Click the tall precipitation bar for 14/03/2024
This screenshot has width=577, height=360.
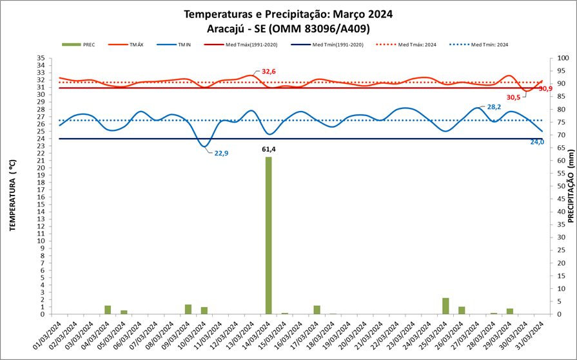[x=268, y=235]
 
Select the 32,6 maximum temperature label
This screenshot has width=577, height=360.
[x=269, y=72]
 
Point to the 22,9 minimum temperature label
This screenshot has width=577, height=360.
[x=221, y=153]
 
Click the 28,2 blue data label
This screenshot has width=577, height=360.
[x=494, y=107]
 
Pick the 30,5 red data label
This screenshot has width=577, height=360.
[x=514, y=97]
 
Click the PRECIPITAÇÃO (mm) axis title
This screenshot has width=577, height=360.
[x=571, y=187]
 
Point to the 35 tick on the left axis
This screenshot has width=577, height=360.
[x=41, y=58]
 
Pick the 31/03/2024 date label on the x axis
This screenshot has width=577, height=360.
[x=530, y=335]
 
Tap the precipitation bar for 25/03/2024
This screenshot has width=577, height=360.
[x=445, y=306]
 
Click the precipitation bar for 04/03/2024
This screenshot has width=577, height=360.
[x=108, y=310]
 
